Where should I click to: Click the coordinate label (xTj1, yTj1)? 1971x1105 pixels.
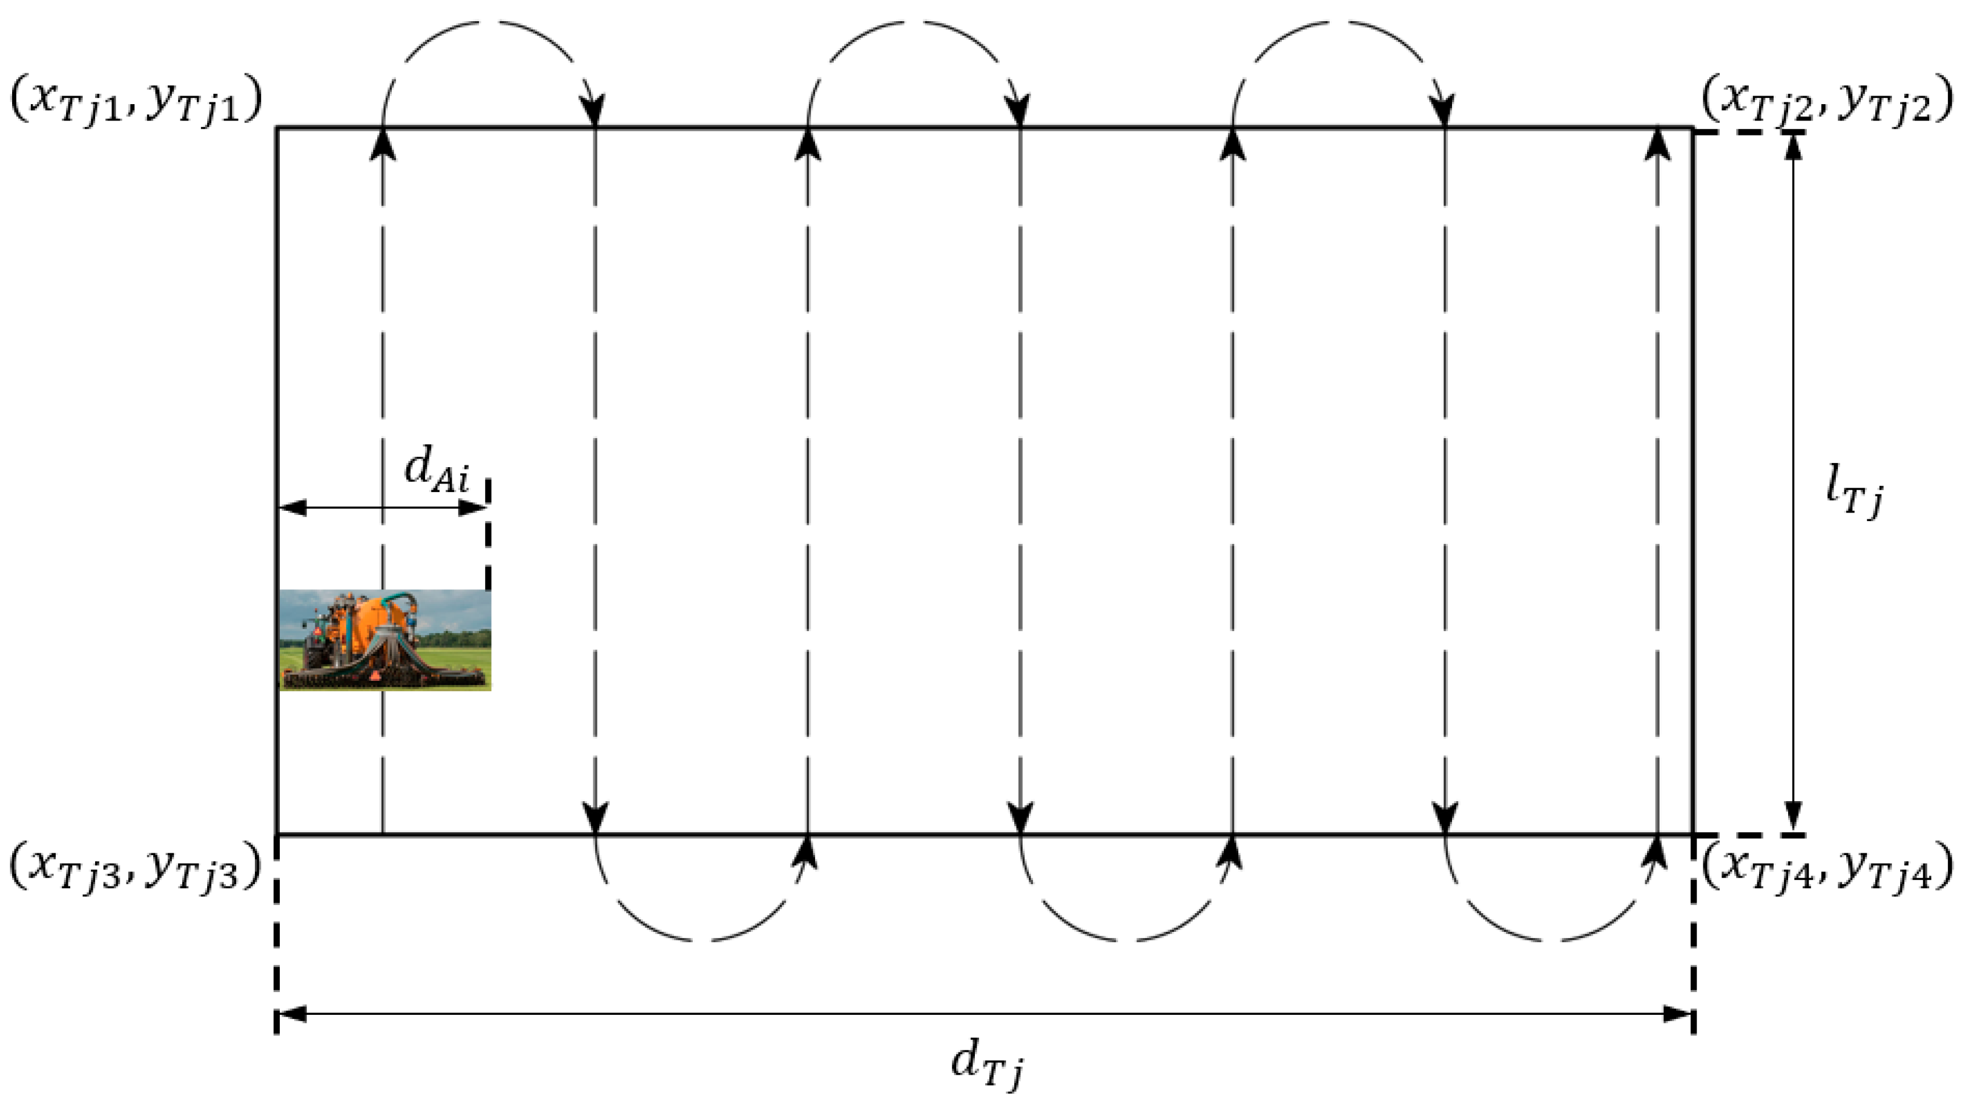[x=136, y=101]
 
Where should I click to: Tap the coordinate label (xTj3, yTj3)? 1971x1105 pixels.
[x=136, y=870]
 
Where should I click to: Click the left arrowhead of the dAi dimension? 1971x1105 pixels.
[x=292, y=508]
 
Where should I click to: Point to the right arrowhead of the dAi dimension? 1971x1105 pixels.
[x=473, y=508]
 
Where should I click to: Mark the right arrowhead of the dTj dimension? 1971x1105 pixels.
[x=1677, y=1015]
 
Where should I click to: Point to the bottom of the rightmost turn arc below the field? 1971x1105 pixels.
[x=1550, y=939]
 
